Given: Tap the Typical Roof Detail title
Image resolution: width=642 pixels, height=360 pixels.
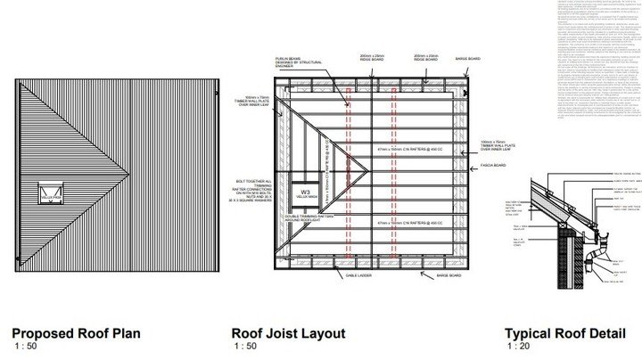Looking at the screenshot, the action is point(564,334).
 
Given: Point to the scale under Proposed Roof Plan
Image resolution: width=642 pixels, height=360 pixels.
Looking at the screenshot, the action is point(26,346).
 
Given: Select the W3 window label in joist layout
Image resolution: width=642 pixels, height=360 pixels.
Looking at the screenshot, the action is point(305,217).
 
